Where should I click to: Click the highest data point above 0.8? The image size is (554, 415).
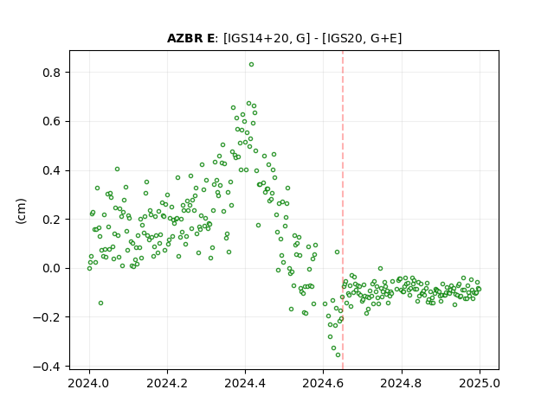pos(251,65)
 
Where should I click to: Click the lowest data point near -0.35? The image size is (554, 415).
pos(338,355)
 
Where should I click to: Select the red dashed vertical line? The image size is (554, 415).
pos(343,210)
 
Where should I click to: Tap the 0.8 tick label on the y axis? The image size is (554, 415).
pos(52,73)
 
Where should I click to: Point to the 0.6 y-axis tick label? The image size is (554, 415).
pos(52,121)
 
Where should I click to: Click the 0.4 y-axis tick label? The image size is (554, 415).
pos(52,170)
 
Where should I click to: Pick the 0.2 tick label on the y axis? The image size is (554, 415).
pos(52,220)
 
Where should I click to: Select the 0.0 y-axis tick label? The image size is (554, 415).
pos(52,269)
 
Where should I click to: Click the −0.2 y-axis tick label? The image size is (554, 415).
pos(48,317)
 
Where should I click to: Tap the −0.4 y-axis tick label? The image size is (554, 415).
pos(48,367)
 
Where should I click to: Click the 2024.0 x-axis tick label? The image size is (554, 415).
pos(89,383)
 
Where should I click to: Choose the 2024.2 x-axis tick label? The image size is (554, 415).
pos(167,383)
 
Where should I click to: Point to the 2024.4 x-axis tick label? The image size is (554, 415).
pos(245,383)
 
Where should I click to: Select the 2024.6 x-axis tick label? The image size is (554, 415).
pos(323,383)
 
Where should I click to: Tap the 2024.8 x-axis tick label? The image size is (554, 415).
pos(401,383)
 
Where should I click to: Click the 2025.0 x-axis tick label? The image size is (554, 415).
pos(480,383)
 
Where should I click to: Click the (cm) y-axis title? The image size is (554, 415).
pos(21,211)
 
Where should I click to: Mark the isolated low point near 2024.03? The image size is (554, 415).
pos(100,303)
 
